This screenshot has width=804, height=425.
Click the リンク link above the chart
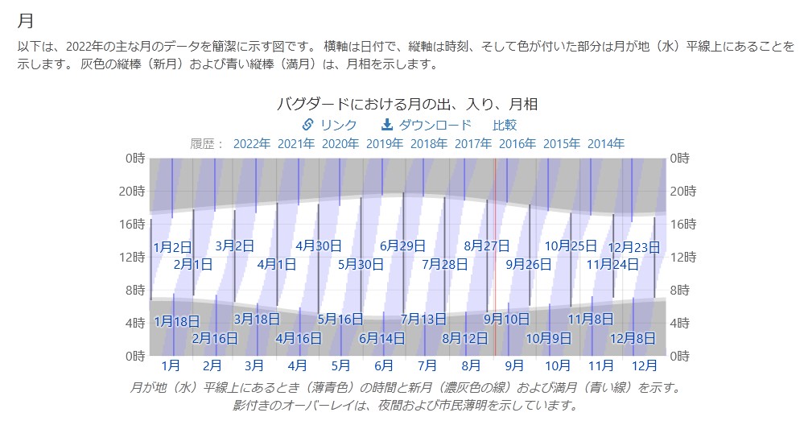(329, 125)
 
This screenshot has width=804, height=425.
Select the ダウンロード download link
(427, 125)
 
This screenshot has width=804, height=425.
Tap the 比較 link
(505, 125)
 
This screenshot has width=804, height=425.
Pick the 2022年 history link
(252, 144)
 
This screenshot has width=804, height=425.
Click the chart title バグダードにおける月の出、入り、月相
(407, 104)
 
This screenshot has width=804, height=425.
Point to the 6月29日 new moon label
(402, 246)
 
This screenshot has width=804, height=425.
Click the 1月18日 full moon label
(176, 321)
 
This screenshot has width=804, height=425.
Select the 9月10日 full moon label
(507, 319)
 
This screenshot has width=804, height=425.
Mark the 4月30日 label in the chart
(319, 246)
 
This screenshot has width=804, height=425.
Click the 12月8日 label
(633, 338)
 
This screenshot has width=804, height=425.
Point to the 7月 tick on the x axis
(427, 365)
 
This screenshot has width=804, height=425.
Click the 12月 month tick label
(644, 365)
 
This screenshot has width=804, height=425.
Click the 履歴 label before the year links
(207, 144)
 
